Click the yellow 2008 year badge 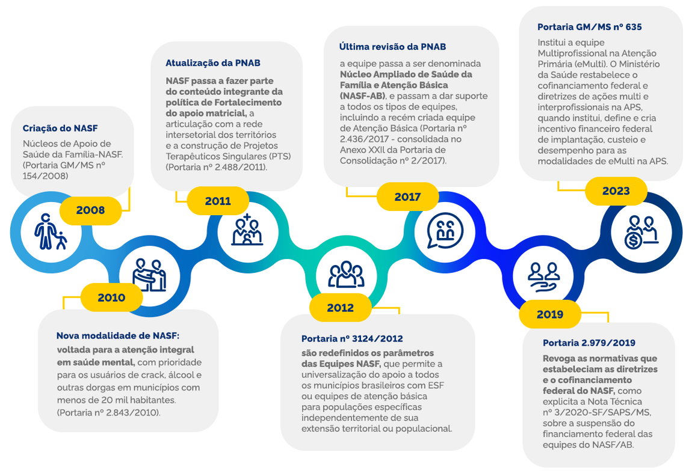pyautogui.click(x=90, y=210)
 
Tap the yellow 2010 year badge pyautogui.click(x=111, y=297)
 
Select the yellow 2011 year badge pyautogui.click(x=218, y=201)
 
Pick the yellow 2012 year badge pyautogui.click(x=340, y=308)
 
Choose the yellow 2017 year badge pyautogui.click(x=407, y=197)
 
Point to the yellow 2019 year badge pyautogui.click(x=549, y=314)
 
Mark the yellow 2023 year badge pyautogui.click(x=616, y=191)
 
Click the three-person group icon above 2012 pyautogui.click(x=346, y=273)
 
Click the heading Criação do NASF pyautogui.click(x=60, y=128)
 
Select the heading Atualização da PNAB pyautogui.click(x=213, y=63)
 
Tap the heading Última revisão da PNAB pyautogui.click(x=392, y=46)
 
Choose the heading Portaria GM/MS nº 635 pyautogui.click(x=589, y=27)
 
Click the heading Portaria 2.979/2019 pyautogui.click(x=589, y=343)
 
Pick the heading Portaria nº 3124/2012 pyautogui.click(x=352, y=338)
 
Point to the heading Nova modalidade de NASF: pyautogui.click(x=118, y=335)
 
